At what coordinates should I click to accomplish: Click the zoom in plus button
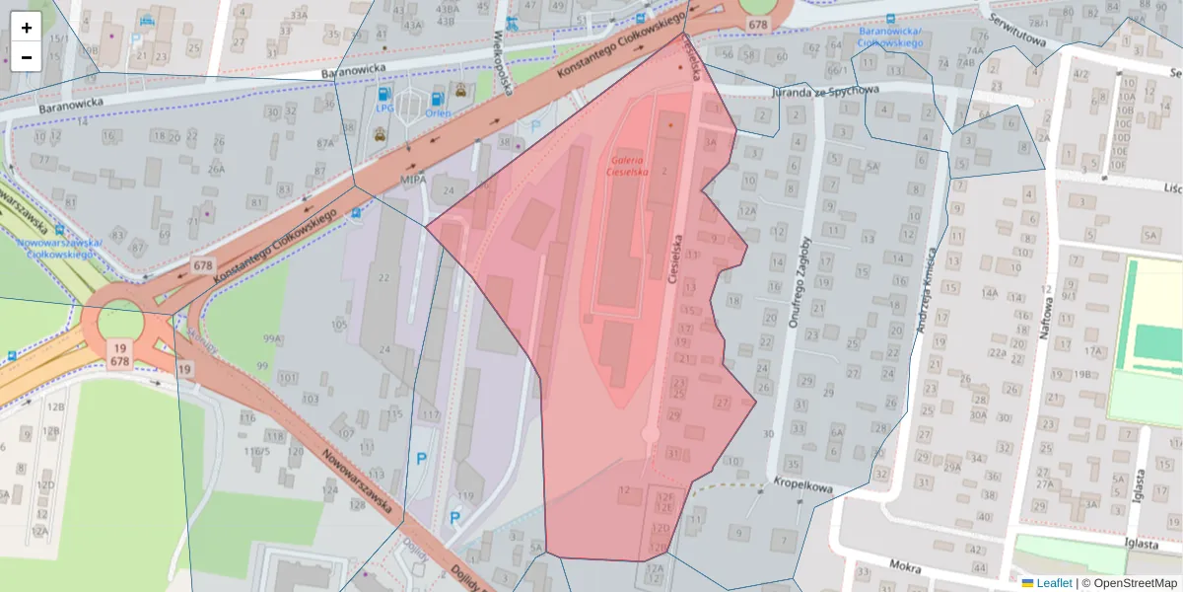pos(27,28)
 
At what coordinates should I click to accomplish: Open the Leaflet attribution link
pos(1053,583)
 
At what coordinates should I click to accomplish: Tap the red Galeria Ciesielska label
pos(628,165)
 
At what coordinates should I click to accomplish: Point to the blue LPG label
pos(384,108)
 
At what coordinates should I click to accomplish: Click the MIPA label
pos(413,181)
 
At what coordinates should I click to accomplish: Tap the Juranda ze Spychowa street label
pos(812,91)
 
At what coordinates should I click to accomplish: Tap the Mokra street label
pos(903,567)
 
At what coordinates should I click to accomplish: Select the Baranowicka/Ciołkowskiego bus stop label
pos(889,37)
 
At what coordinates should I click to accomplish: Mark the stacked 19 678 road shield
pos(119,354)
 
